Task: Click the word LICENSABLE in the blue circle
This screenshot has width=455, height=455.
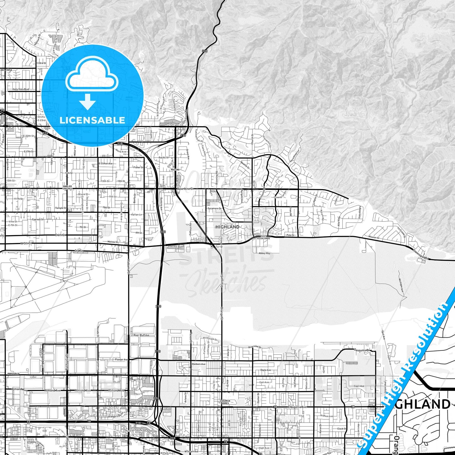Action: point(92,120)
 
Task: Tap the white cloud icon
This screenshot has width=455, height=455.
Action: point(92,76)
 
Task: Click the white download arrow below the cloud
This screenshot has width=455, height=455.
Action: point(88,101)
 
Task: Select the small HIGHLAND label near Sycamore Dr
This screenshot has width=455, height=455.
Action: point(227,227)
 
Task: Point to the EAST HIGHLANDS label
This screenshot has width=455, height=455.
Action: point(263,237)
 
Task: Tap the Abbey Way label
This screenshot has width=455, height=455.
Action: point(264,253)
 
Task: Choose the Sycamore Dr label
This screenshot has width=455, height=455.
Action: point(214,208)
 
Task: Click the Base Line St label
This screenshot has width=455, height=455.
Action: point(186,189)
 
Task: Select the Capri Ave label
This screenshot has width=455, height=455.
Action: point(359,386)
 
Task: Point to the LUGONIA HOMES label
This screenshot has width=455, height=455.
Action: point(225,402)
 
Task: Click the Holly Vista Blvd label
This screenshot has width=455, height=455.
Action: point(20,89)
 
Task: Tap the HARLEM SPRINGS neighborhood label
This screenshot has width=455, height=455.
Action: point(67,187)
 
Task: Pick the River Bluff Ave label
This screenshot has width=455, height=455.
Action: point(141,335)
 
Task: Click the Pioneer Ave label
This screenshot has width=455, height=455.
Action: point(121,360)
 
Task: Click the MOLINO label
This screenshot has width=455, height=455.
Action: point(175,170)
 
